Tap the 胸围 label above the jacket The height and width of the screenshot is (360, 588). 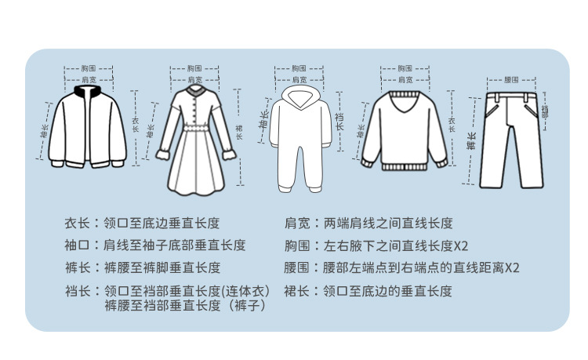point(89,69)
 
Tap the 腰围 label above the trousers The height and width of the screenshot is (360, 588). point(511,80)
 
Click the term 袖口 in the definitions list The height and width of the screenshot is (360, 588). point(78,245)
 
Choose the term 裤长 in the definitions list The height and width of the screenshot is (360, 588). point(78,267)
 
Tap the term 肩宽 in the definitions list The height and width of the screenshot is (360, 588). point(297,223)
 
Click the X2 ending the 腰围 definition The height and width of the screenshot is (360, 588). point(512,267)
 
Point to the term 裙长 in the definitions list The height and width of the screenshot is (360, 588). point(297,291)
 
